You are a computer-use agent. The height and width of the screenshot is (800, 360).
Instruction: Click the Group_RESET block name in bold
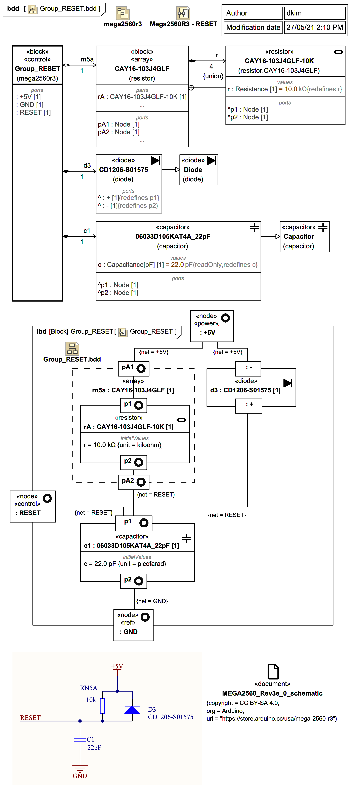[x=37, y=69]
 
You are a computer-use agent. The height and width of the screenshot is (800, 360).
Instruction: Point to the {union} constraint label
[x=213, y=76]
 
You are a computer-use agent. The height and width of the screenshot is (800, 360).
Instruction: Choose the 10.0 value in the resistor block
[x=291, y=89]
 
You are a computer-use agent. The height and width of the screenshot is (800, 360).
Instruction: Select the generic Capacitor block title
[x=299, y=237]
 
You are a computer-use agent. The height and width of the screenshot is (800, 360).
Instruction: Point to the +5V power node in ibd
[x=212, y=326]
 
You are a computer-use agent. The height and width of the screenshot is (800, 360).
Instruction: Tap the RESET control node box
[x=33, y=506]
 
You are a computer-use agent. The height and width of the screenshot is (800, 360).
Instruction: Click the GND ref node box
[x=133, y=625]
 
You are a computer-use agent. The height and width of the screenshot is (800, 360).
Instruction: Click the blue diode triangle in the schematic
[x=132, y=710]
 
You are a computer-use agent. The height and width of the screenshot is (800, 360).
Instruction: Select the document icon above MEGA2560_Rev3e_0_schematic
[x=273, y=671]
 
